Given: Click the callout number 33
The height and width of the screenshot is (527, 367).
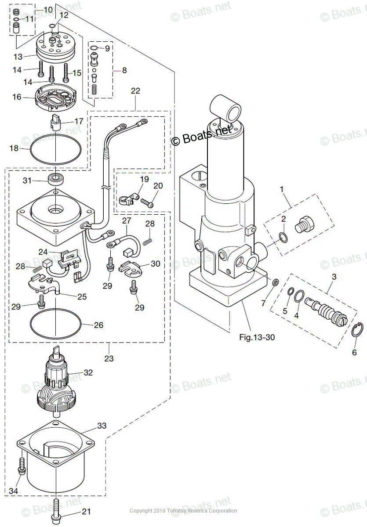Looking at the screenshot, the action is pos(102,426).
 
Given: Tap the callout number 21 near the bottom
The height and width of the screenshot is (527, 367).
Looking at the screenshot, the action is pos(86,512).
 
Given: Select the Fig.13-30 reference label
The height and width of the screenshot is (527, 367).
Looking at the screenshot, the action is pos(257,337).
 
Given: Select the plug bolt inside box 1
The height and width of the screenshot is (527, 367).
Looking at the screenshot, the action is pos(305,224).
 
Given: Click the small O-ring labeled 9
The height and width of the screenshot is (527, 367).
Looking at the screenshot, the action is pos(94,48).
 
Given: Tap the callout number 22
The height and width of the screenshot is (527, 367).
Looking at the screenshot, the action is pos(136,91).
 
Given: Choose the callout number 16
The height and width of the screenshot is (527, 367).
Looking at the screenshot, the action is pos(17,97).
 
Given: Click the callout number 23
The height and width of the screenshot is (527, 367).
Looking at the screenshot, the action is pos(109,358).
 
